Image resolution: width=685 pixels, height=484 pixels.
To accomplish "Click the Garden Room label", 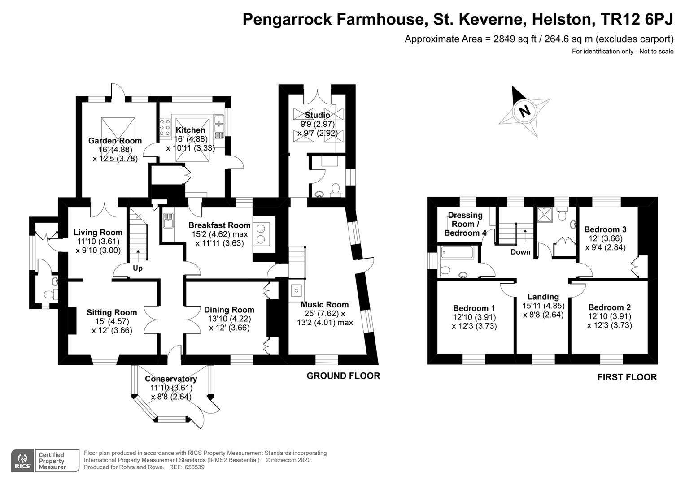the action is point(115,141).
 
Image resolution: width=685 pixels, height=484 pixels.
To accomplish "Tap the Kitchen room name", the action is point(190,130).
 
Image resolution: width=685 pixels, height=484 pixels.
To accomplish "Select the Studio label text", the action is point(318,115).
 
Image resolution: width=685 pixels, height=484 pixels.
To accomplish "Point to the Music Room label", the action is point(324,304).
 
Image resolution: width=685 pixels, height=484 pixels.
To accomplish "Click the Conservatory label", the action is point(171,379).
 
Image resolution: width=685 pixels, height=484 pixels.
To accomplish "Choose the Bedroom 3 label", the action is point(605,229).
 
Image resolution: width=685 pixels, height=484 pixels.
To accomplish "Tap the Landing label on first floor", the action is point(543,297).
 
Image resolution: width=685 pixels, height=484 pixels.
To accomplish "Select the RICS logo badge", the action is point(22,461).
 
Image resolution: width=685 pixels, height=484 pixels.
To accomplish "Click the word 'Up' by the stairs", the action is point(138,268).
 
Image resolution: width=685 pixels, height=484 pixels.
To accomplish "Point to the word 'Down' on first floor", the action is point(520,252).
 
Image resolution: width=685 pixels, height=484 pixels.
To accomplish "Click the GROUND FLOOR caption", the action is point(343,376).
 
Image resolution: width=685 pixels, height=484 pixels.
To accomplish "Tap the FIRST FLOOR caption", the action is point(627,377).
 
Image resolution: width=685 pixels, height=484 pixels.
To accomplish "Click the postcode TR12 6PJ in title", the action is point(637,20).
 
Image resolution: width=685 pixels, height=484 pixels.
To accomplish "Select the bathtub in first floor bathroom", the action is point(457,253).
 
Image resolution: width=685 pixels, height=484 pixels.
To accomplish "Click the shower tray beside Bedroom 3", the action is point(545,215).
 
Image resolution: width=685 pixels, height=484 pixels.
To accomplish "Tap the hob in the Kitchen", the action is point(165,127).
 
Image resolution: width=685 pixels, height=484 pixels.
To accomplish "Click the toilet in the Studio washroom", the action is point(336,190).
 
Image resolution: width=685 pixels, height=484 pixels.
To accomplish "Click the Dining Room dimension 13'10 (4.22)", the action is point(229,319).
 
